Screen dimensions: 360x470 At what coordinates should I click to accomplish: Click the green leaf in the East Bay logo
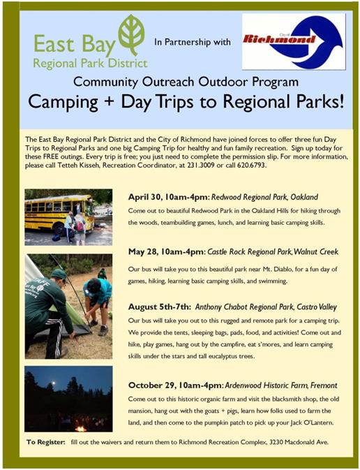point(131,34)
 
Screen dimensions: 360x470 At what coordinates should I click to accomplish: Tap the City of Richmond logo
point(294,41)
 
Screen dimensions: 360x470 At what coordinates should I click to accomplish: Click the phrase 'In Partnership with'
point(193,42)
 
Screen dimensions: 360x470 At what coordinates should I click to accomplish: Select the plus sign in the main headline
point(110,101)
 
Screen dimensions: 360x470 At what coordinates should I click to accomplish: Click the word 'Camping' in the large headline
point(63,103)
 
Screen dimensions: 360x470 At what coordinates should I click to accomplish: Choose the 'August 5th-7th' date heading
point(159,307)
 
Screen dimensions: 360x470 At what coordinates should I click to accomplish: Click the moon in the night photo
point(54,383)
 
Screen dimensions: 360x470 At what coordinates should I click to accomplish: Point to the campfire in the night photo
point(80,428)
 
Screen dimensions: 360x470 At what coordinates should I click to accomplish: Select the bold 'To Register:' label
point(45,442)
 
